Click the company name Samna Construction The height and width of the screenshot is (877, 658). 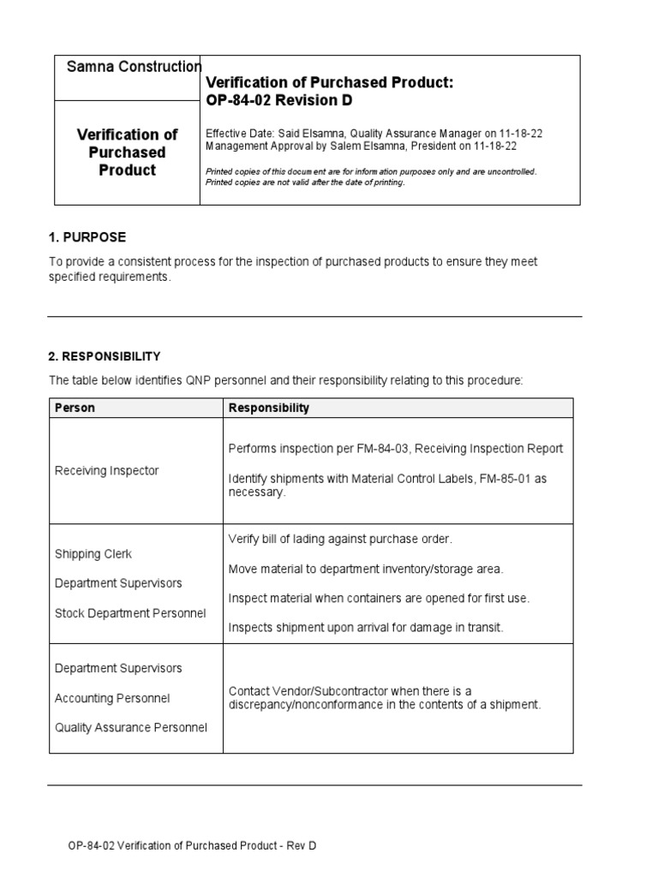(x=128, y=67)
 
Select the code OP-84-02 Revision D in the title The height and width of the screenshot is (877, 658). (x=279, y=101)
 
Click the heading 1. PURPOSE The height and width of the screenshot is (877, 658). (x=87, y=237)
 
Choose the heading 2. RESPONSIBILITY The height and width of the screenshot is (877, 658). (x=105, y=356)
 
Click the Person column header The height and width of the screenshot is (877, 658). (x=75, y=409)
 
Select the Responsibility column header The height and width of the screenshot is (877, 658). (x=268, y=409)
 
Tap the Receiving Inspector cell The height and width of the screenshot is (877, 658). (x=106, y=470)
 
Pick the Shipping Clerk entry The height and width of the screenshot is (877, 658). (x=93, y=553)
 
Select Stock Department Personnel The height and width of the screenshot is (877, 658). (x=130, y=613)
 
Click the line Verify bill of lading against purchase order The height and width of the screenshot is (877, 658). (x=339, y=539)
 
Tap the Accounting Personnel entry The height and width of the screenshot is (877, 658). (x=112, y=698)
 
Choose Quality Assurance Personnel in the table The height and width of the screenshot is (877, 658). (x=130, y=728)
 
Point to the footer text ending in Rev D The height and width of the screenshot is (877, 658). (x=192, y=846)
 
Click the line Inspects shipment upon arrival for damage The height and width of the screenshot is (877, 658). (x=366, y=628)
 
